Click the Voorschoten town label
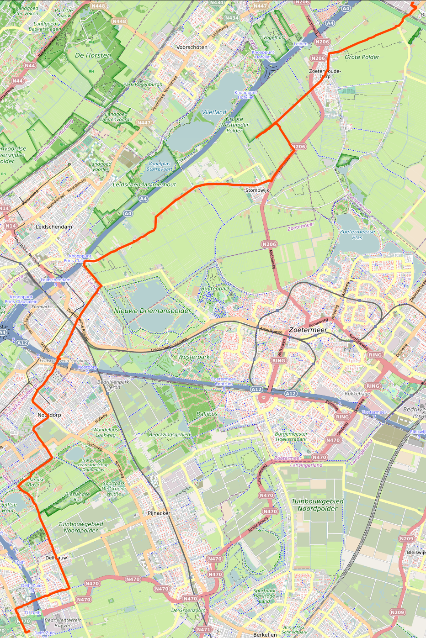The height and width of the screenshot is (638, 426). (x=192, y=47)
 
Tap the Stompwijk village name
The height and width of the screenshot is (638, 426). (x=257, y=190)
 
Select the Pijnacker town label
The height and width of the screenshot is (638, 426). (x=159, y=513)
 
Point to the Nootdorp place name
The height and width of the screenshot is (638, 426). (x=49, y=415)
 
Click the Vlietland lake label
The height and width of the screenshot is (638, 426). (x=214, y=112)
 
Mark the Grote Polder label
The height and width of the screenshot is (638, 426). (x=362, y=57)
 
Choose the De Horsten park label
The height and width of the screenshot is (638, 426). (x=93, y=55)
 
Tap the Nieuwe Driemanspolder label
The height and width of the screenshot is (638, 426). (x=153, y=311)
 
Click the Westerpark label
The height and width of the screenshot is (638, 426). (x=194, y=357)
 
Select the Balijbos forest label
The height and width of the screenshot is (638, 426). (x=207, y=413)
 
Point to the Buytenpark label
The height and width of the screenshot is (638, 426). (x=215, y=289)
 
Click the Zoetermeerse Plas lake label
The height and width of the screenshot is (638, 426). (x=357, y=234)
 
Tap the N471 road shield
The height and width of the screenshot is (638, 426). (x=203, y=629)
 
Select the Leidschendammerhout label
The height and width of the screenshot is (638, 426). (x=144, y=185)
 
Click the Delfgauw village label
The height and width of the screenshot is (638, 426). (x=56, y=558)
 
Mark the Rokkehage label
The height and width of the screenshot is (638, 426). (x=357, y=394)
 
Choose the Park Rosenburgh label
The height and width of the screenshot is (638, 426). (x=143, y=84)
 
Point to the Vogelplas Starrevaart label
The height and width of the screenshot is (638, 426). (x=160, y=166)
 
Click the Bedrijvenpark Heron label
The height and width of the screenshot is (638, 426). (x=113, y=385)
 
